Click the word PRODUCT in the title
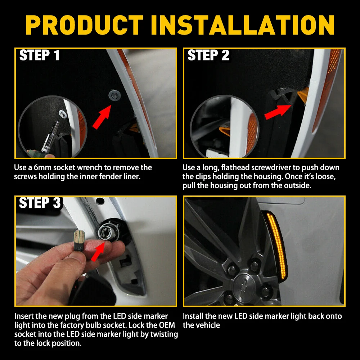pyautogui.click(x=84, y=25)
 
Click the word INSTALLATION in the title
pyautogui.click(x=242, y=25)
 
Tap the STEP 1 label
pyautogui.click(x=40, y=55)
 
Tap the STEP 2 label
pyautogui.click(x=208, y=55)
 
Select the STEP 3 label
pyautogui.click(x=40, y=203)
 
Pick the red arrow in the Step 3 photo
pyautogui.click(x=98, y=252)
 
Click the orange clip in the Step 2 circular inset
pyautogui.click(x=225, y=131)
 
